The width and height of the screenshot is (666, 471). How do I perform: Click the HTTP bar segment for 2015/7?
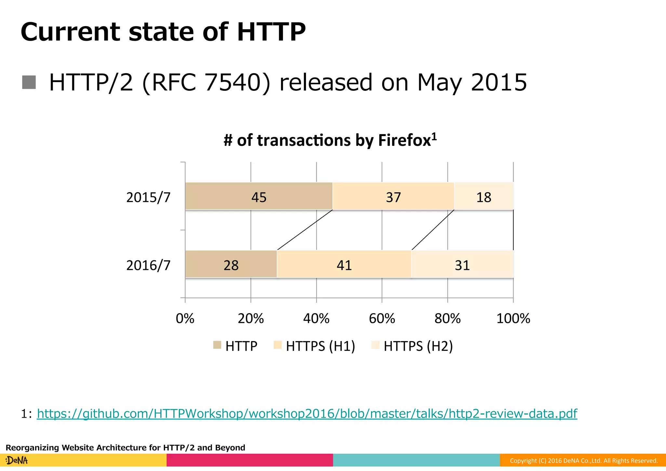click(259, 196)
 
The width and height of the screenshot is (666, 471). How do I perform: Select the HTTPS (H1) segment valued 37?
click(393, 196)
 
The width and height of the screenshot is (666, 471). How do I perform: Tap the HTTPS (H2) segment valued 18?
click(484, 196)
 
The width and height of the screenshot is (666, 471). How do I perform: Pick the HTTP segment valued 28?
click(231, 264)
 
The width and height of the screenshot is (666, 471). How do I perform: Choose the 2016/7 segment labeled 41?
click(344, 264)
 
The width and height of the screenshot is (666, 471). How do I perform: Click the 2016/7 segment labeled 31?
click(462, 264)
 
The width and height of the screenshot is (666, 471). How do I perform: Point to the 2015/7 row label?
click(148, 198)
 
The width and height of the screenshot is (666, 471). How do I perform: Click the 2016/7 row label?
click(148, 266)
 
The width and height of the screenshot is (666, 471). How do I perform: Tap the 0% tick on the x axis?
click(185, 318)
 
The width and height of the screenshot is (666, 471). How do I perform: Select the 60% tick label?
click(382, 318)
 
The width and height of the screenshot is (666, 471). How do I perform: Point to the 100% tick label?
click(513, 318)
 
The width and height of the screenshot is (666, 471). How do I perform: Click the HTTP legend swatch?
click(217, 345)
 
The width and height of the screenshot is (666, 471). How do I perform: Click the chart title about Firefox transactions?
click(330, 140)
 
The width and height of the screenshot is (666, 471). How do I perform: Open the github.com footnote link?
click(307, 414)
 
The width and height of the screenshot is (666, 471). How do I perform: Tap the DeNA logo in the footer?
click(17, 460)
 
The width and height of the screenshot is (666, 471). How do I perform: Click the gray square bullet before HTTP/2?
click(29, 82)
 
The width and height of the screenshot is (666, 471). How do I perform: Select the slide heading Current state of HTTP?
click(163, 32)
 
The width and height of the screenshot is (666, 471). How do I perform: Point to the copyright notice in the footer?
click(583, 461)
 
